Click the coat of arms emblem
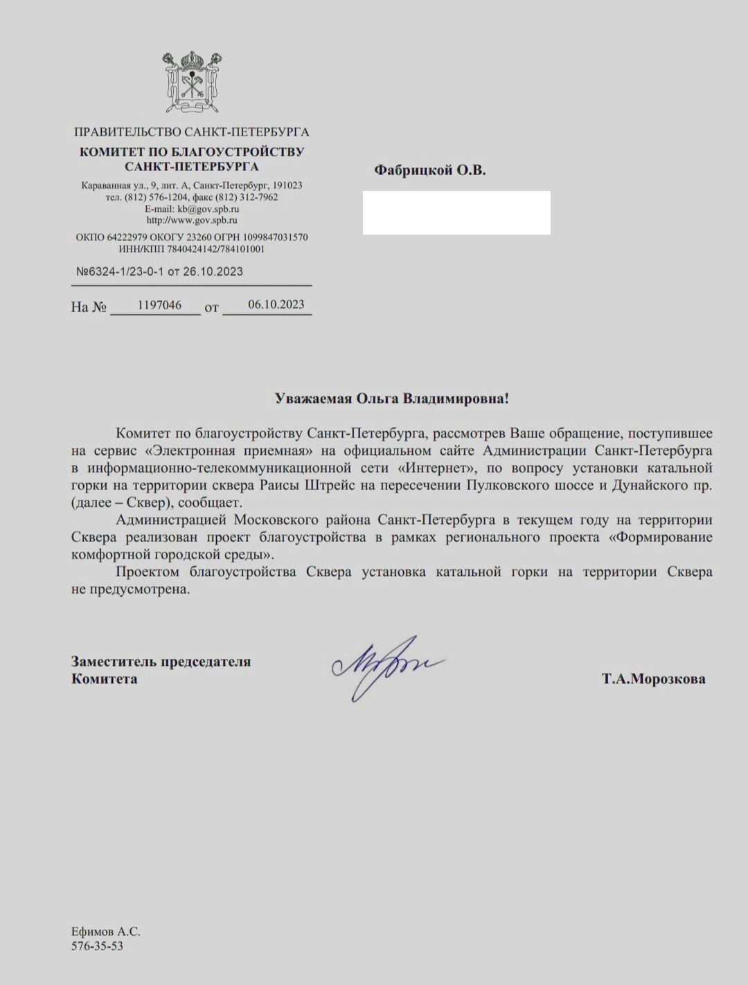[x=191, y=84]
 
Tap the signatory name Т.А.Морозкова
[x=654, y=679]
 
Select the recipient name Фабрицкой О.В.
[x=429, y=170]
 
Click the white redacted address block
[x=456, y=213]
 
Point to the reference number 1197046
[x=159, y=305]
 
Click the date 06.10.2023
[x=276, y=305]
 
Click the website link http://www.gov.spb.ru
[x=192, y=220]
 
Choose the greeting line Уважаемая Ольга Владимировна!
[x=392, y=399]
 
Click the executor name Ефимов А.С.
[x=105, y=932]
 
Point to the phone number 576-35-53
[x=97, y=946]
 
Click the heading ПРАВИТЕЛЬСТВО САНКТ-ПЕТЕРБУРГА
[x=191, y=132]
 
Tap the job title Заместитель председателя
[x=161, y=661]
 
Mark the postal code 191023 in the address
[x=287, y=186]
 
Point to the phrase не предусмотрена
[x=130, y=590]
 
